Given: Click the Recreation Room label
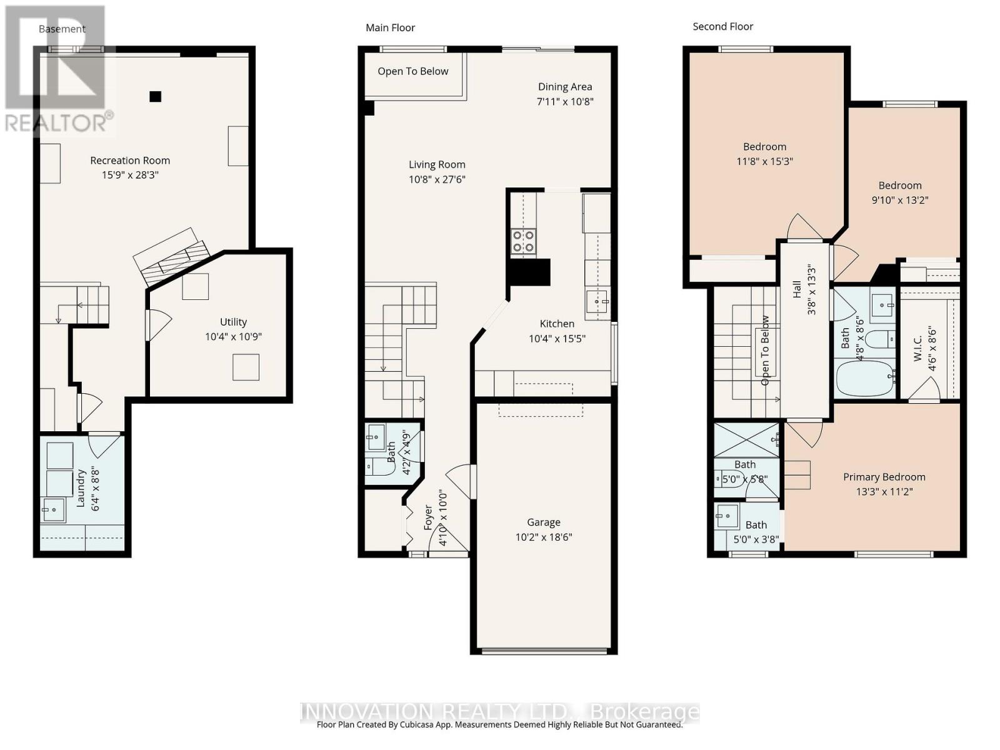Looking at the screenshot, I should tap(130, 161).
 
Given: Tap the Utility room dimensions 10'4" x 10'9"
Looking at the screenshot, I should tap(233, 337).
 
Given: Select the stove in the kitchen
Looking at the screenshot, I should tap(523, 241).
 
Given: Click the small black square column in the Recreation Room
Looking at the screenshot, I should tap(155, 96).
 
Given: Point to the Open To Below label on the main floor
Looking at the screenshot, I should tap(412, 71).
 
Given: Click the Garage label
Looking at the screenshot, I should tap(543, 522).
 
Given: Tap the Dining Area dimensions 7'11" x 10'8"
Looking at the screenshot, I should tap(565, 101).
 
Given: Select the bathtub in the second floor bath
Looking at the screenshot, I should tap(866, 378).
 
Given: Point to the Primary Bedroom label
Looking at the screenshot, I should tap(884, 477).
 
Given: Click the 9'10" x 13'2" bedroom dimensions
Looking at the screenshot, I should tap(900, 200).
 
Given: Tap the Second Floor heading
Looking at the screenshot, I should tap(722, 26).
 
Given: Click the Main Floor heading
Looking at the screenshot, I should tap(390, 27).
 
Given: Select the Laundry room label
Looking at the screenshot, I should tap(81, 489).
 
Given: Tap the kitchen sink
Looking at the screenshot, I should tap(597, 302).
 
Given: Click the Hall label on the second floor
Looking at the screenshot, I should tap(797, 289).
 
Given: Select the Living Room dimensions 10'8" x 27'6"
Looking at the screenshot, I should tap(437, 179).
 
